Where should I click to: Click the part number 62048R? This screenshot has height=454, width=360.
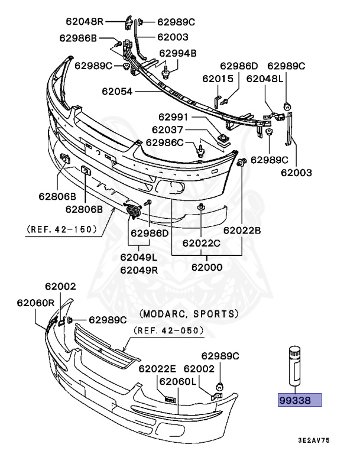click(x=82, y=22)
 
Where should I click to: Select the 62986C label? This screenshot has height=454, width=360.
click(x=166, y=142)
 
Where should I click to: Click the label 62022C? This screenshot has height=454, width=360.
click(x=202, y=242)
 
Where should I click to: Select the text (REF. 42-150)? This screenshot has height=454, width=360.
click(x=61, y=229)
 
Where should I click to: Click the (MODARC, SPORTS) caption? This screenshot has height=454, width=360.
click(x=189, y=313)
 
